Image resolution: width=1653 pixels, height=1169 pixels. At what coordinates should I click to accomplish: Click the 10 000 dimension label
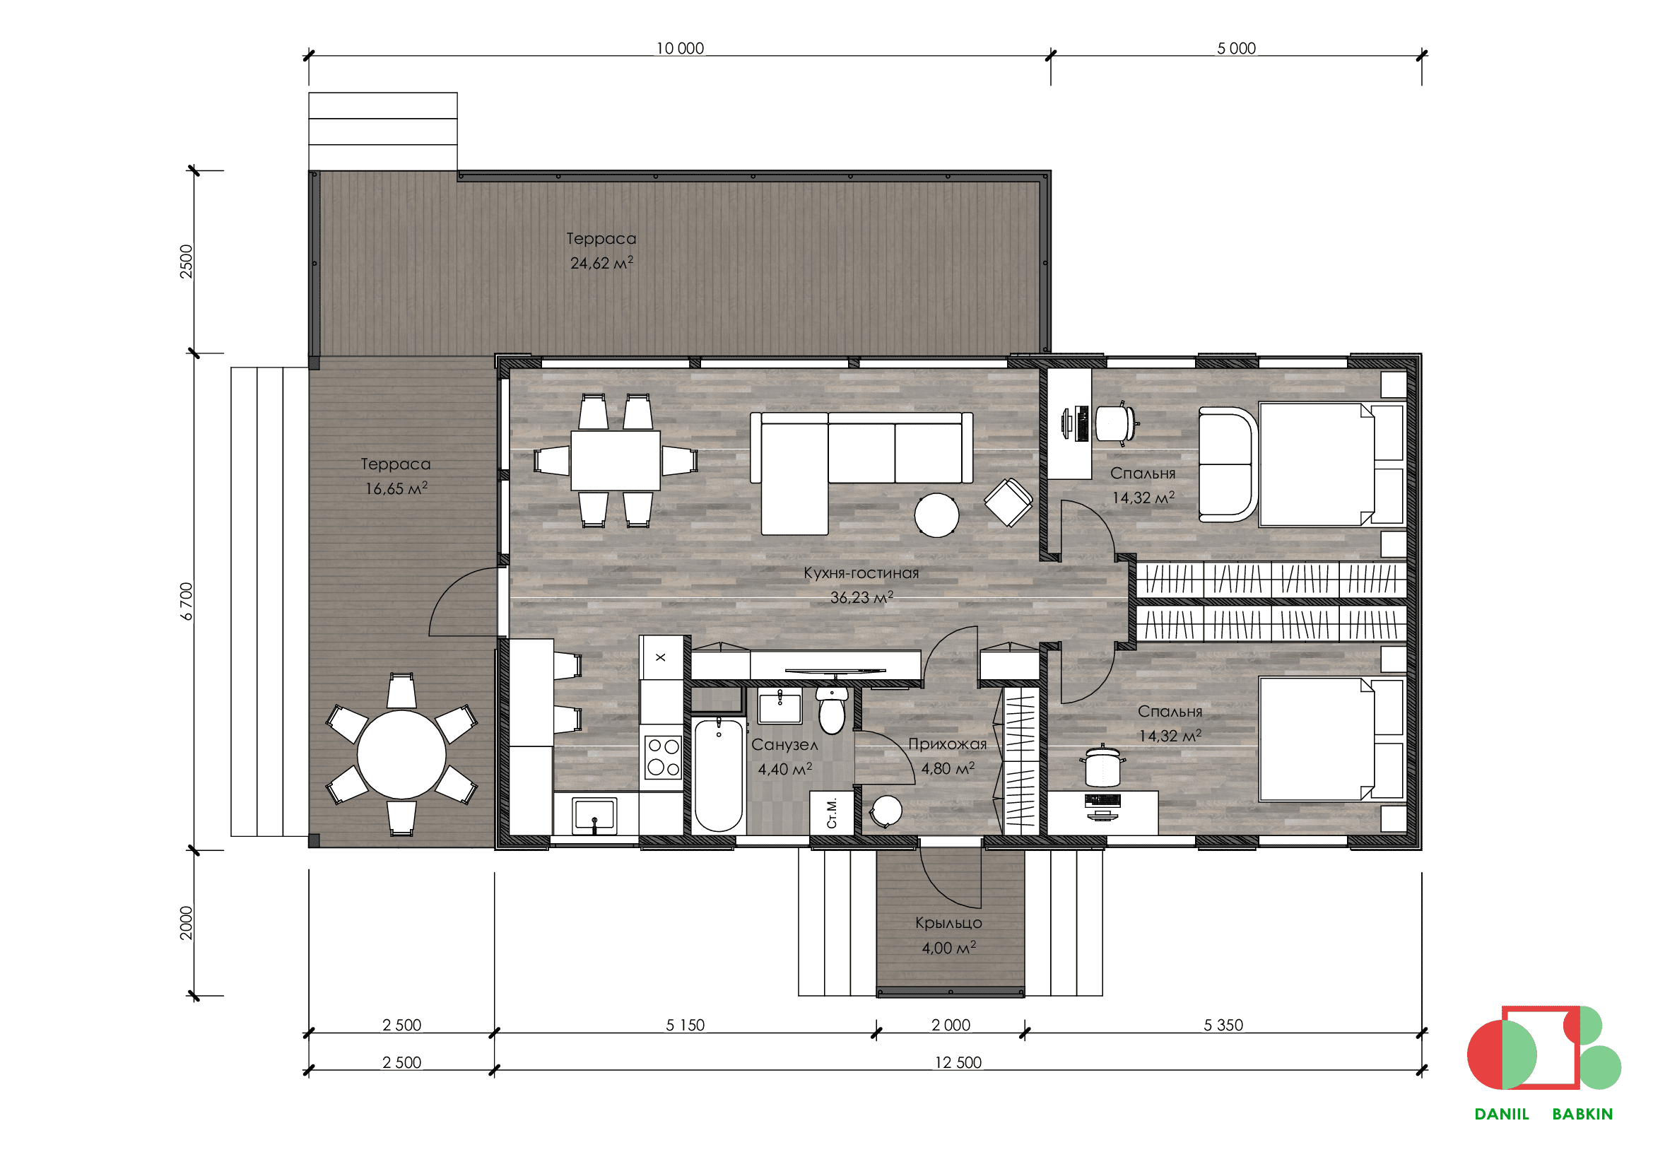(680, 48)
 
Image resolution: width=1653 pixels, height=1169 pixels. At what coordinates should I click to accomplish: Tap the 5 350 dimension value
(1223, 1025)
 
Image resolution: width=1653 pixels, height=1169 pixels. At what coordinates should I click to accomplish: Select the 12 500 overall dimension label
(958, 1062)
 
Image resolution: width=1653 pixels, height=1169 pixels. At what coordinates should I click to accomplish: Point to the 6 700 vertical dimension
(187, 601)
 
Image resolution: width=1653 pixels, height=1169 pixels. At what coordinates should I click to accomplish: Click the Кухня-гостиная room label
(861, 573)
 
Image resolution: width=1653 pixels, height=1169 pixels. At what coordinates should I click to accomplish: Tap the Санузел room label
(784, 745)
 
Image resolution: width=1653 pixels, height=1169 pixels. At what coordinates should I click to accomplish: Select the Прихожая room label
(948, 744)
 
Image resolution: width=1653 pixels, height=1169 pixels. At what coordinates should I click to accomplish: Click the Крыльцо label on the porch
(949, 923)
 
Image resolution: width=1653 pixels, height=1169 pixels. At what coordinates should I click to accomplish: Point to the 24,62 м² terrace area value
(602, 263)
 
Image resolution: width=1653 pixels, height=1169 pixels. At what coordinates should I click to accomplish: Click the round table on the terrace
(401, 754)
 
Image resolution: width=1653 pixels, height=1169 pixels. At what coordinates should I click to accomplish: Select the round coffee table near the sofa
(936, 515)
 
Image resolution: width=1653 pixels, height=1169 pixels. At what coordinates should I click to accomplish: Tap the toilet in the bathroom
(832, 709)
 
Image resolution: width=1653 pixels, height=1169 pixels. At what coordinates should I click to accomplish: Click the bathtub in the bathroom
(719, 775)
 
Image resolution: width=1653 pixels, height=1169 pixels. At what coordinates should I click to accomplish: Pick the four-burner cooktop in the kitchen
(662, 756)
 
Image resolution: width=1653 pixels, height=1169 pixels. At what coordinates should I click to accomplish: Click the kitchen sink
(594, 815)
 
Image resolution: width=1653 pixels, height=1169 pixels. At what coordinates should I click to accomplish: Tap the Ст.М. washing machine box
(832, 813)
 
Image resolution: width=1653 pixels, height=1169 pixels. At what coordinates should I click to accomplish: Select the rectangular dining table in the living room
(616, 461)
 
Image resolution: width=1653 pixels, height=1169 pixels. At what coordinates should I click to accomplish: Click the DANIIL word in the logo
(1501, 1115)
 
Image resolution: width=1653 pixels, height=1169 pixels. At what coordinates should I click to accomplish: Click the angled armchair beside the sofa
(1008, 502)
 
